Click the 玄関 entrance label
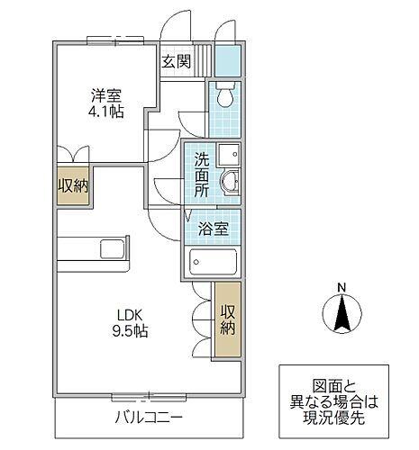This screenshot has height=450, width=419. click(x=177, y=62)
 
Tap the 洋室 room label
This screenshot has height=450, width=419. click(x=105, y=94)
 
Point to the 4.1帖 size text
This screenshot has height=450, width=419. click(x=105, y=112)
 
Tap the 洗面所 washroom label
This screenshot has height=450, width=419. click(x=202, y=175)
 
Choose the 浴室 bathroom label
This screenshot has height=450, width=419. click(x=214, y=228)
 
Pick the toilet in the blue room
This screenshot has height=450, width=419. click(x=224, y=94)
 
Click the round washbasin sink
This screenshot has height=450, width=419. click(x=232, y=182)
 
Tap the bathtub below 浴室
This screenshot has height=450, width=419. click(x=214, y=262)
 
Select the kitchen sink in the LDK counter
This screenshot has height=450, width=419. click(x=113, y=248)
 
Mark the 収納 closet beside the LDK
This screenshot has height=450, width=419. click(x=227, y=319)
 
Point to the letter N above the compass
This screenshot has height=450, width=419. click(x=341, y=288)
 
